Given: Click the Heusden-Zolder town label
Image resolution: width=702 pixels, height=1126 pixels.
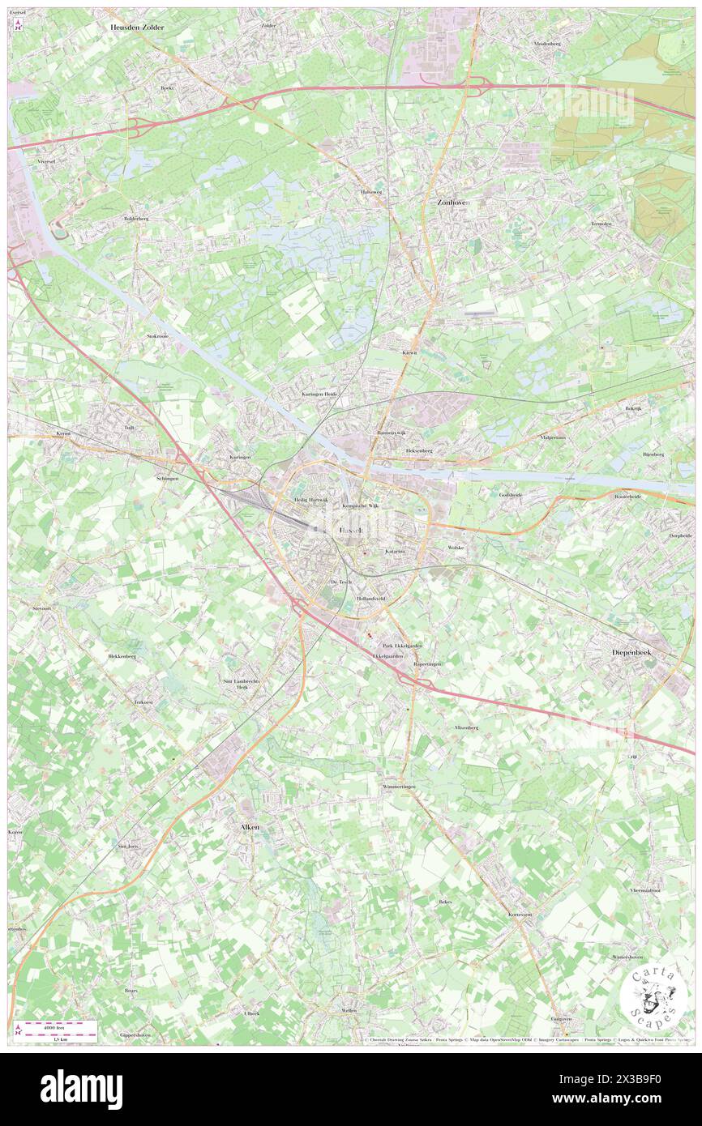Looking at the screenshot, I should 137,27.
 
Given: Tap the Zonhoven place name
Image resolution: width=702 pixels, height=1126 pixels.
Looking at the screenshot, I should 453,203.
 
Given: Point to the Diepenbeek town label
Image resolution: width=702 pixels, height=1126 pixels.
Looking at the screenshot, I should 639,651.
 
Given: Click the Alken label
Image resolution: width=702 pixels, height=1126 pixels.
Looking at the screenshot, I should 250,827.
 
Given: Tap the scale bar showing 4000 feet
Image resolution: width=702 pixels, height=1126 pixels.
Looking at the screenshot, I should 58,1029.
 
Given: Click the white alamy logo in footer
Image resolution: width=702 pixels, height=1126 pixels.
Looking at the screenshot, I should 81,1090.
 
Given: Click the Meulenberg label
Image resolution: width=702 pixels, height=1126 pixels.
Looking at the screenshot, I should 548,43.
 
